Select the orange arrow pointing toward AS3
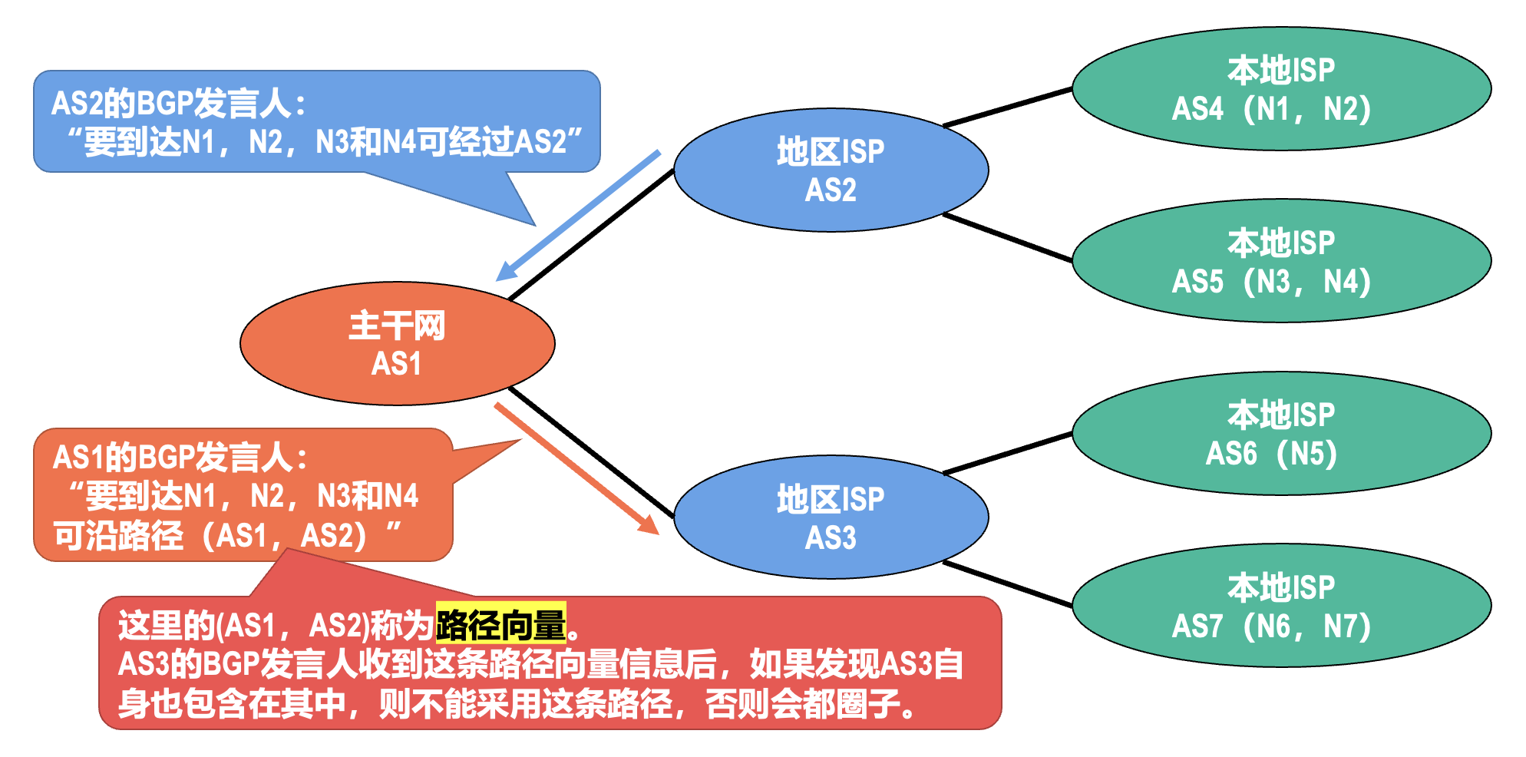[576, 468]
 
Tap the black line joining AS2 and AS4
[1007, 107]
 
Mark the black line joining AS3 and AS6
[1007, 453]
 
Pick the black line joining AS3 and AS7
[1007, 584]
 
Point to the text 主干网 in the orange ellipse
[397, 326]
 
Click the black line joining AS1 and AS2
[591, 234]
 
